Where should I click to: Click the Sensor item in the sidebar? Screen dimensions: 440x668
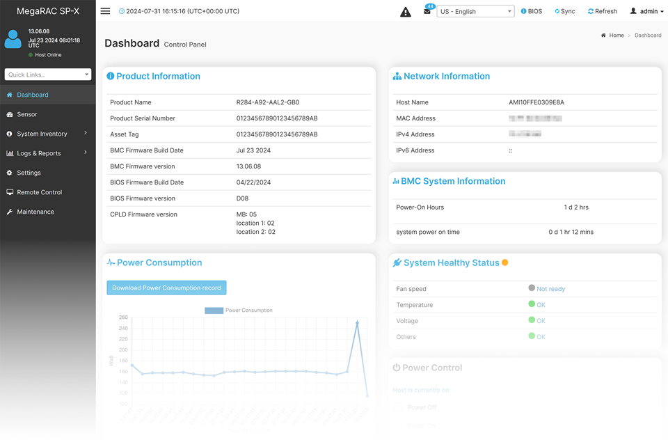coord(27,114)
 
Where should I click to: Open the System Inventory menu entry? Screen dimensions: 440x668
coord(42,134)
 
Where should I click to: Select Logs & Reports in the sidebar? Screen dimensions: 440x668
coord(39,153)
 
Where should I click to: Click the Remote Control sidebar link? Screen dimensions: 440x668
coord(39,192)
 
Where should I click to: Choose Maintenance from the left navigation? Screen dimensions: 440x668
coord(35,212)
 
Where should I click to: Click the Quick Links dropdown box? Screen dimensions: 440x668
coord(47,74)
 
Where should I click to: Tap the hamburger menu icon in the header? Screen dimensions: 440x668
coord(105,11)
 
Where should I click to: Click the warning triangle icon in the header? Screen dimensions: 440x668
coord(406,12)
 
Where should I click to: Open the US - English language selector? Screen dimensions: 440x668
coord(475,12)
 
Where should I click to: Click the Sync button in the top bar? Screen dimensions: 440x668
coord(565,12)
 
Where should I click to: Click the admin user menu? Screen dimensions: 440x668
coord(647,12)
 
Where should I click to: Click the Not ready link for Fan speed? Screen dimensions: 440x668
coord(550,289)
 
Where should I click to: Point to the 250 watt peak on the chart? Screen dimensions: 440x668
coord(357,323)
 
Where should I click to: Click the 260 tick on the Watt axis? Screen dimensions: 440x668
coord(124,317)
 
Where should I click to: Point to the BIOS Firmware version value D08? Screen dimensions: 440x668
coord(242,198)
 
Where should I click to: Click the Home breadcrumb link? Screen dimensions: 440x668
coord(617,36)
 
